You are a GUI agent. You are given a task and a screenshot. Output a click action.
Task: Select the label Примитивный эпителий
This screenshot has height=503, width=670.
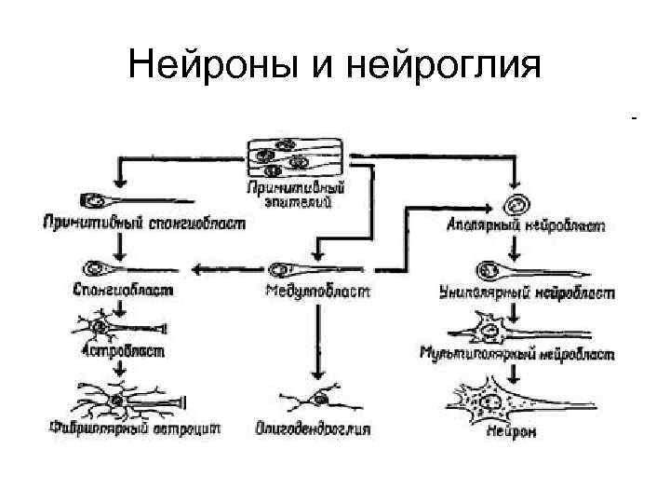point(287,194)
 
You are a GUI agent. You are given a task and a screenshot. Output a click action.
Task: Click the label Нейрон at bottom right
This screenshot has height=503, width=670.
point(515,432)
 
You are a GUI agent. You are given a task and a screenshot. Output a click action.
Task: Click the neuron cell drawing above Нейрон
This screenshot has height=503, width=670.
point(507,401)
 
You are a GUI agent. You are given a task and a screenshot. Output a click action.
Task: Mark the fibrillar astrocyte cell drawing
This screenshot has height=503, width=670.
point(121,401)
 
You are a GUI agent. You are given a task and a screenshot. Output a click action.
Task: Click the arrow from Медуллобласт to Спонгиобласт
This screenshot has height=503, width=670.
point(223,269)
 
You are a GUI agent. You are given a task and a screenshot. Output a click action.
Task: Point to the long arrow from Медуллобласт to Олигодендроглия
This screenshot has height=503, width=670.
point(319,340)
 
